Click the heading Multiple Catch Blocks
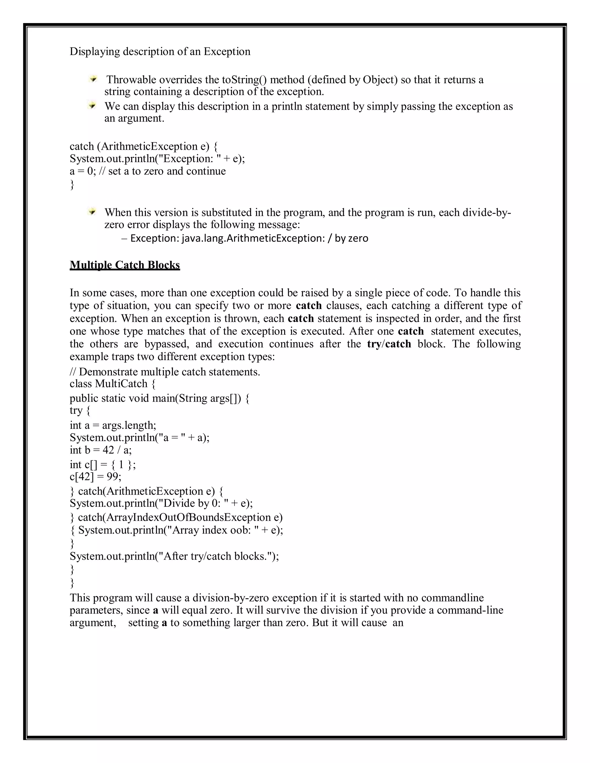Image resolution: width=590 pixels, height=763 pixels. (x=125, y=265)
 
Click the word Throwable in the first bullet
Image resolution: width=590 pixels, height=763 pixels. (x=132, y=80)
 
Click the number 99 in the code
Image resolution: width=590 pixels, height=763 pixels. (x=113, y=477)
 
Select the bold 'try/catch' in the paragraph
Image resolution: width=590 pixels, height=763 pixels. (x=389, y=344)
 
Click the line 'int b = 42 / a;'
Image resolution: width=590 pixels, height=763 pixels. (x=101, y=450)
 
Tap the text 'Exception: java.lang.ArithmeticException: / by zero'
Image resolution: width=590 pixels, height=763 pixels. (x=249, y=238)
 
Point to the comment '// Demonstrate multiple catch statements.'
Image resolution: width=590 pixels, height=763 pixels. (x=164, y=371)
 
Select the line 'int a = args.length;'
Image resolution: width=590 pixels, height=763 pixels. (x=113, y=425)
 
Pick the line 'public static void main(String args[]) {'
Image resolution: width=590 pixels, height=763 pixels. (x=159, y=398)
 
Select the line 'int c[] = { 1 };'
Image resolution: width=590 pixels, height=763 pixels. (x=103, y=465)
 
